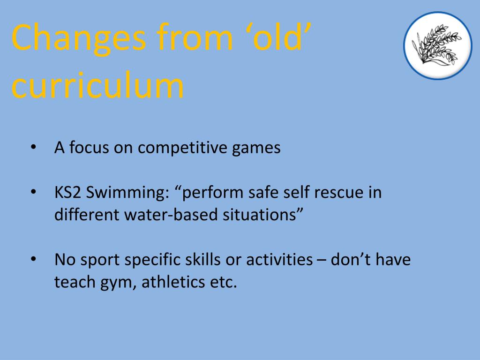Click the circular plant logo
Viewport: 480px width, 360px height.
(x=437, y=45)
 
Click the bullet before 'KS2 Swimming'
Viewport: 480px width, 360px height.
(x=34, y=193)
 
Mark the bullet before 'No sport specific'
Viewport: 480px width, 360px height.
(x=34, y=259)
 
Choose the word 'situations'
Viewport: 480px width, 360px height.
(x=260, y=215)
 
